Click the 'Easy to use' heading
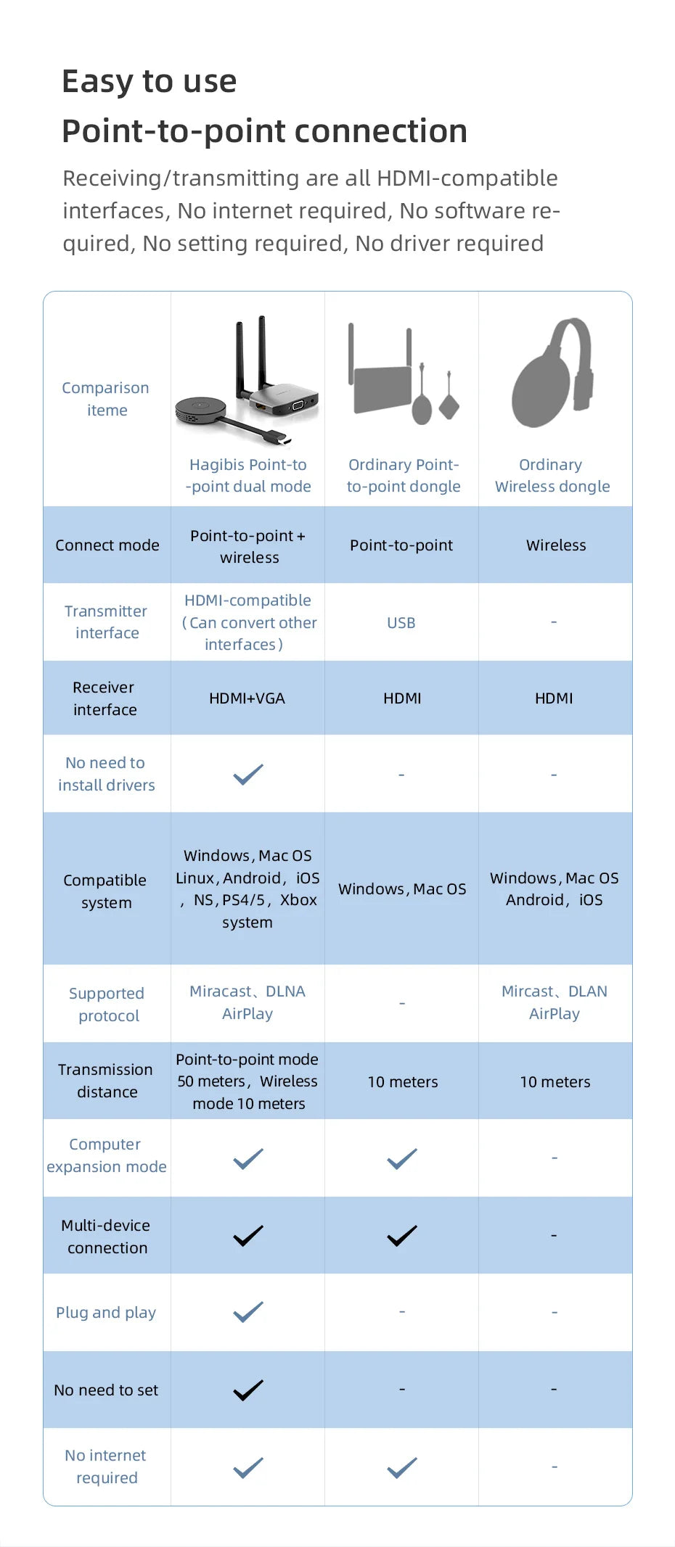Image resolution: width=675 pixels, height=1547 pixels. pos(149,81)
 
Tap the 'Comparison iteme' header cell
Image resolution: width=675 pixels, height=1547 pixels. pos(106,399)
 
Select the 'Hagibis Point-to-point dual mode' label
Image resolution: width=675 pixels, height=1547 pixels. pos(248,475)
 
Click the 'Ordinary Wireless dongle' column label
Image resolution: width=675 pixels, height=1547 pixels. pos(552,475)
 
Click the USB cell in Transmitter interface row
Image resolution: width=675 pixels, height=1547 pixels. pos(401,623)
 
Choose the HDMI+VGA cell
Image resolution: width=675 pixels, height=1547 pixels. pos(247,698)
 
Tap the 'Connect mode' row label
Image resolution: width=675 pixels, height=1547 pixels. pos(107,545)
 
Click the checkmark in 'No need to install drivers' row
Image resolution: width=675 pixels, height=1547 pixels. pos(248,774)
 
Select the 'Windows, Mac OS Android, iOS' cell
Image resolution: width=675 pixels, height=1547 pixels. pos(555,888)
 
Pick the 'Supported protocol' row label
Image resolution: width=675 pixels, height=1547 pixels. pos(107,1004)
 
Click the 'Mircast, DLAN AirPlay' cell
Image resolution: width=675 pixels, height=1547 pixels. pos(555,1002)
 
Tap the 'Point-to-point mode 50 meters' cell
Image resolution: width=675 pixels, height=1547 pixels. pos(247,1081)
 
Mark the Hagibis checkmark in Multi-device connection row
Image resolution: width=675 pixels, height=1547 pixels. pos(248,1235)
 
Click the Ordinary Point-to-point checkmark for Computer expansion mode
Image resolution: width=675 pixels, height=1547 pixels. pos(402,1158)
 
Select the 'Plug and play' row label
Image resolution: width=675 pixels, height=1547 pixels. pos(106,1313)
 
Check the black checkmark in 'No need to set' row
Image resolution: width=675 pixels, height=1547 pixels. pos(248,1390)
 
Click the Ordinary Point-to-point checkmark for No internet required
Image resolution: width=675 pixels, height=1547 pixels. pos(402,1467)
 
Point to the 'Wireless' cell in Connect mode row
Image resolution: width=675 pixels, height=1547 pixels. pos(556,545)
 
